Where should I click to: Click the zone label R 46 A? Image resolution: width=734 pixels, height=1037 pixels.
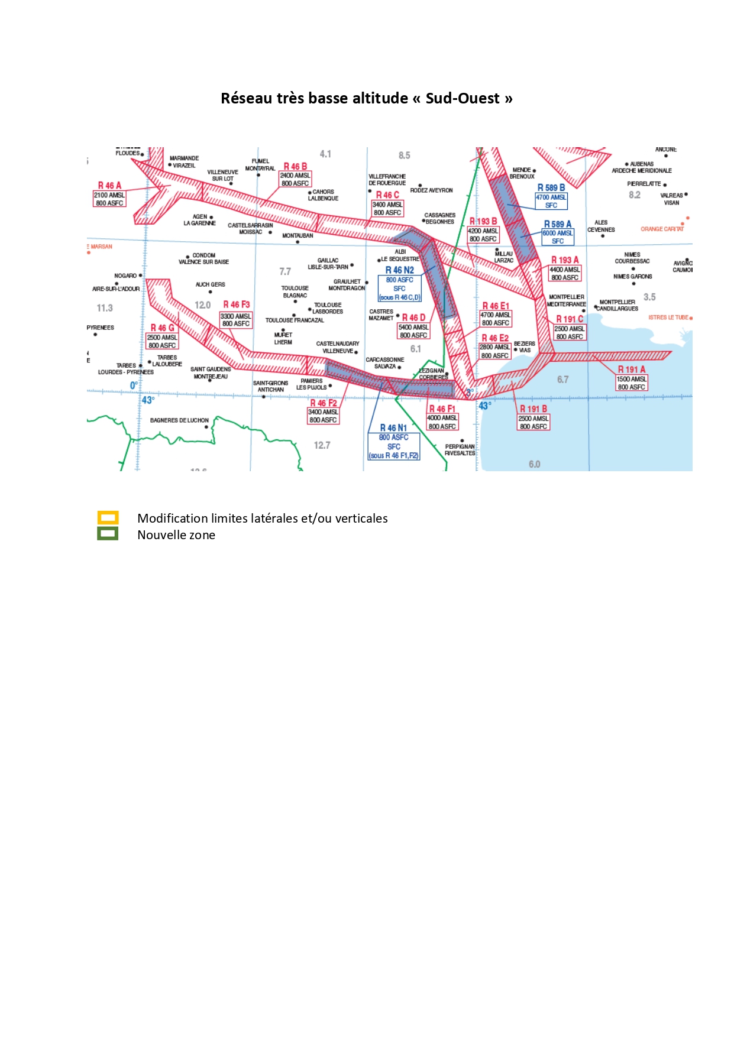(109, 186)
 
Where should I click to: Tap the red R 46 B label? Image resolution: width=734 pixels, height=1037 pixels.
(295, 167)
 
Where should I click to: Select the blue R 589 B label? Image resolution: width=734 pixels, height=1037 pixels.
(551, 188)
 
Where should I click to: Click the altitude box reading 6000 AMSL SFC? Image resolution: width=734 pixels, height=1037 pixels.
(557, 237)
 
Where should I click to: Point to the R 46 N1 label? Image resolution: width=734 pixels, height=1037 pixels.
(393, 427)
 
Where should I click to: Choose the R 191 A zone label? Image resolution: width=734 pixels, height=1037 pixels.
(631, 370)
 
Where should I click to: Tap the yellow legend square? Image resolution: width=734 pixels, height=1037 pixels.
(108, 518)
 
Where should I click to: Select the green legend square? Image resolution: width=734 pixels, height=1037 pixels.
(108, 534)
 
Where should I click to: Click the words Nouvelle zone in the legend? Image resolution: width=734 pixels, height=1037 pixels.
(176, 535)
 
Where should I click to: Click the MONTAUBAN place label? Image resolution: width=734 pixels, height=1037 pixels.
(298, 236)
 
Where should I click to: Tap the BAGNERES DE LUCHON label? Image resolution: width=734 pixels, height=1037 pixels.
(179, 420)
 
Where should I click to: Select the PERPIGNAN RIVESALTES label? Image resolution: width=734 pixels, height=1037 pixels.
(460, 450)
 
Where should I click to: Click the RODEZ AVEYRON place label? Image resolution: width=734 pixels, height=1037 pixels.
(431, 190)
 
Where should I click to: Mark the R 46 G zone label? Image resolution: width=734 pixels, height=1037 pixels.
(162, 328)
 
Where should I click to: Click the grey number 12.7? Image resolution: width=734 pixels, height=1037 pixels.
(322, 445)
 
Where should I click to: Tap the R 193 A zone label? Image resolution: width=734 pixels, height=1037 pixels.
(565, 260)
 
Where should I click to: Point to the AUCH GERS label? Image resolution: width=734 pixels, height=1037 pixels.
(210, 284)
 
